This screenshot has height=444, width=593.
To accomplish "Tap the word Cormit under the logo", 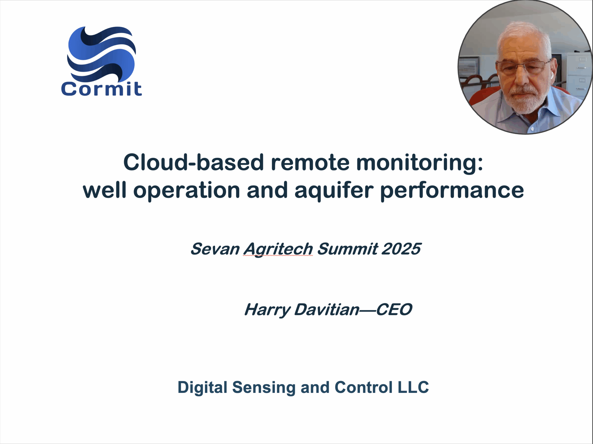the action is click(x=101, y=89).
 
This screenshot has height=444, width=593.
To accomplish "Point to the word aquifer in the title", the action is click(x=334, y=191).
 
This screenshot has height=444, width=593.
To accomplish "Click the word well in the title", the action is click(x=104, y=190).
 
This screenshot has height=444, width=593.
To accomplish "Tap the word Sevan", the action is click(x=215, y=249).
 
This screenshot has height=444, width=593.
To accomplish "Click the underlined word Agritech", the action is click(x=278, y=250).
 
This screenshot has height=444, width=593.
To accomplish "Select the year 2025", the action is click(x=401, y=249).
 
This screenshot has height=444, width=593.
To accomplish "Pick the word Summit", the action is click(x=348, y=249).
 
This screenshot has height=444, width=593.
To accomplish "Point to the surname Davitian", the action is click(x=327, y=310).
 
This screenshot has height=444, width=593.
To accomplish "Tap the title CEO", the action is click(x=394, y=310).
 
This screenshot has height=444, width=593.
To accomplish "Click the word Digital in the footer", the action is click(x=203, y=388).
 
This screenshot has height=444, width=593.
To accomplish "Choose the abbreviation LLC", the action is click(x=413, y=387).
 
